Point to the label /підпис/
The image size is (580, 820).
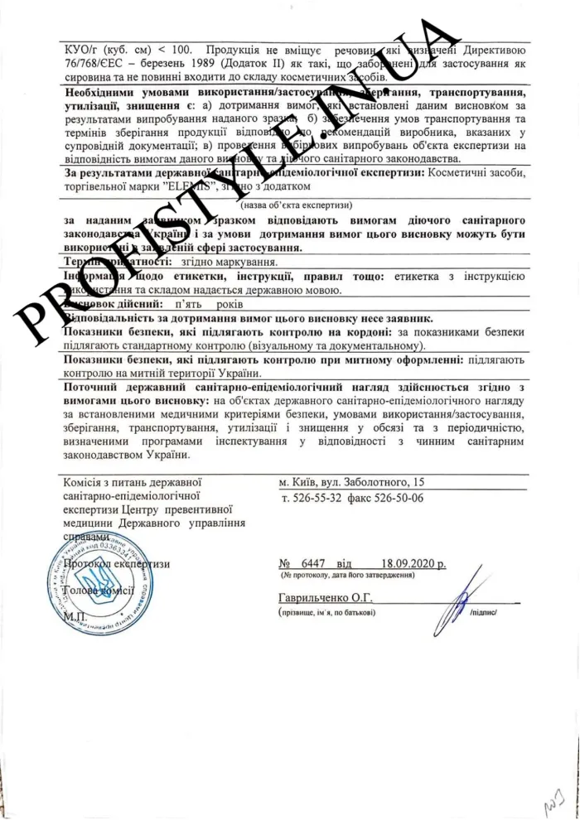click(483, 613)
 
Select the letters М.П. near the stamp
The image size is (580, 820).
click(74, 615)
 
